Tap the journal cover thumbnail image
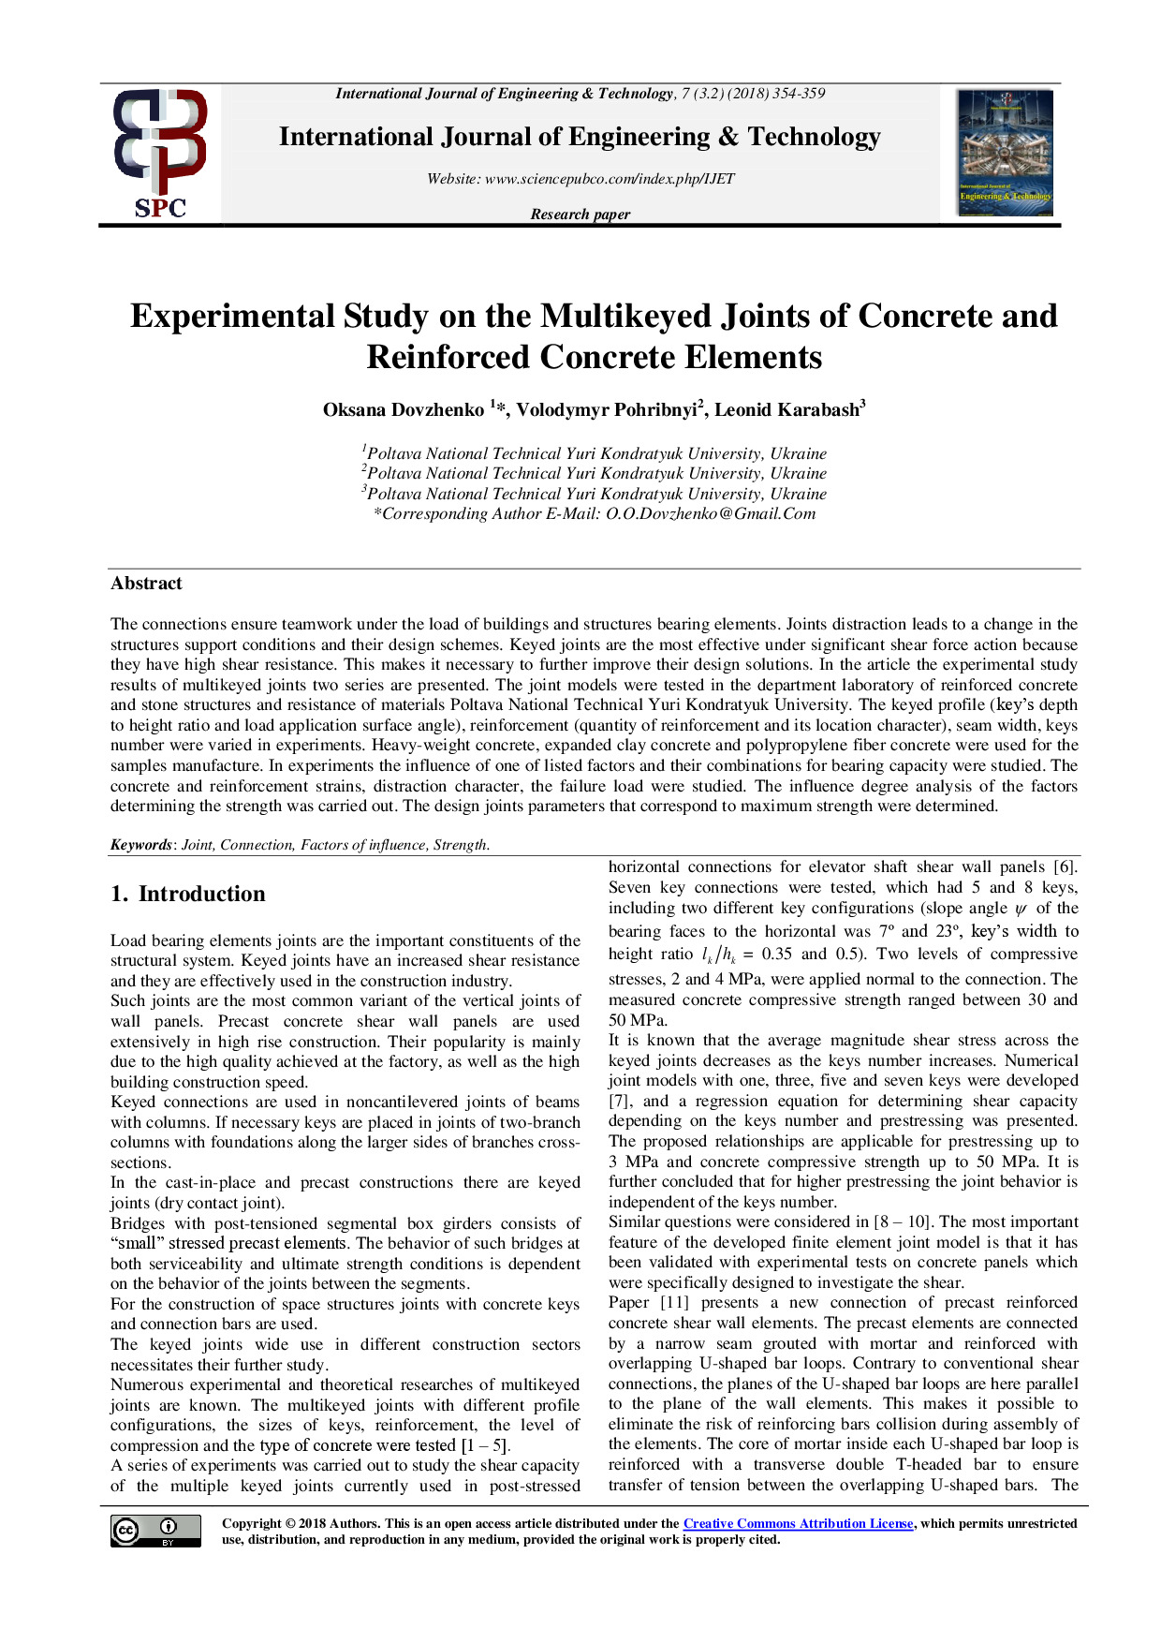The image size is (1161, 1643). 1005,154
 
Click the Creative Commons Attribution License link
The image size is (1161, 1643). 798,1524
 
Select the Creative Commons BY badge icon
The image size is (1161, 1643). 155,1531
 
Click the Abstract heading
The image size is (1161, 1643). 146,584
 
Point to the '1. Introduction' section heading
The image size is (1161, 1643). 187,894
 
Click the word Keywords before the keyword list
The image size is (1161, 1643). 140,845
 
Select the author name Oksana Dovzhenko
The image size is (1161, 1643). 404,410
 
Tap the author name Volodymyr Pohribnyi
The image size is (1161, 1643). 606,410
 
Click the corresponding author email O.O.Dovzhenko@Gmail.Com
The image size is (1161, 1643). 711,513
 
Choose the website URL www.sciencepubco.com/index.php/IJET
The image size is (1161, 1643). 610,179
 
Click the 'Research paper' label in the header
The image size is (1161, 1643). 580,215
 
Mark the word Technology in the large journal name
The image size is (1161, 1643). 814,138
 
